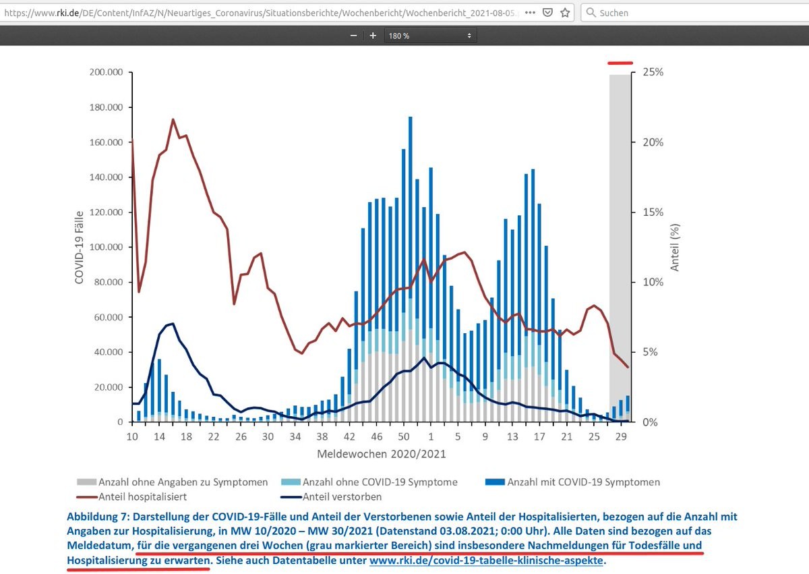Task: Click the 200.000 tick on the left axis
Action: (x=105, y=72)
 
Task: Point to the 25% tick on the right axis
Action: (x=652, y=72)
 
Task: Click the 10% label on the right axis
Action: (x=652, y=282)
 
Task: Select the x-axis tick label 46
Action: (x=377, y=437)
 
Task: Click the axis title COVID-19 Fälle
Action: (x=80, y=246)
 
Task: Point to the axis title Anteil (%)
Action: (x=675, y=246)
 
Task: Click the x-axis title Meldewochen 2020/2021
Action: (x=382, y=454)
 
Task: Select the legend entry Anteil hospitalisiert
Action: (x=142, y=497)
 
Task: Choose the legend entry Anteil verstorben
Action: (x=342, y=497)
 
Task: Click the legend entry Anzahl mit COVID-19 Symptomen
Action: (x=583, y=482)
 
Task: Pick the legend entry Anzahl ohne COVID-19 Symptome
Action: (x=380, y=482)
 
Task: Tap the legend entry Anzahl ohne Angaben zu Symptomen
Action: (x=183, y=482)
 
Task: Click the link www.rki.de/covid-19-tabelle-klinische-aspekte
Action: (x=485, y=561)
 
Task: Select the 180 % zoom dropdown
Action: (x=429, y=36)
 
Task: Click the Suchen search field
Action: (x=694, y=12)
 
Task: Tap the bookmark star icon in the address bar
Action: (x=565, y=12)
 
